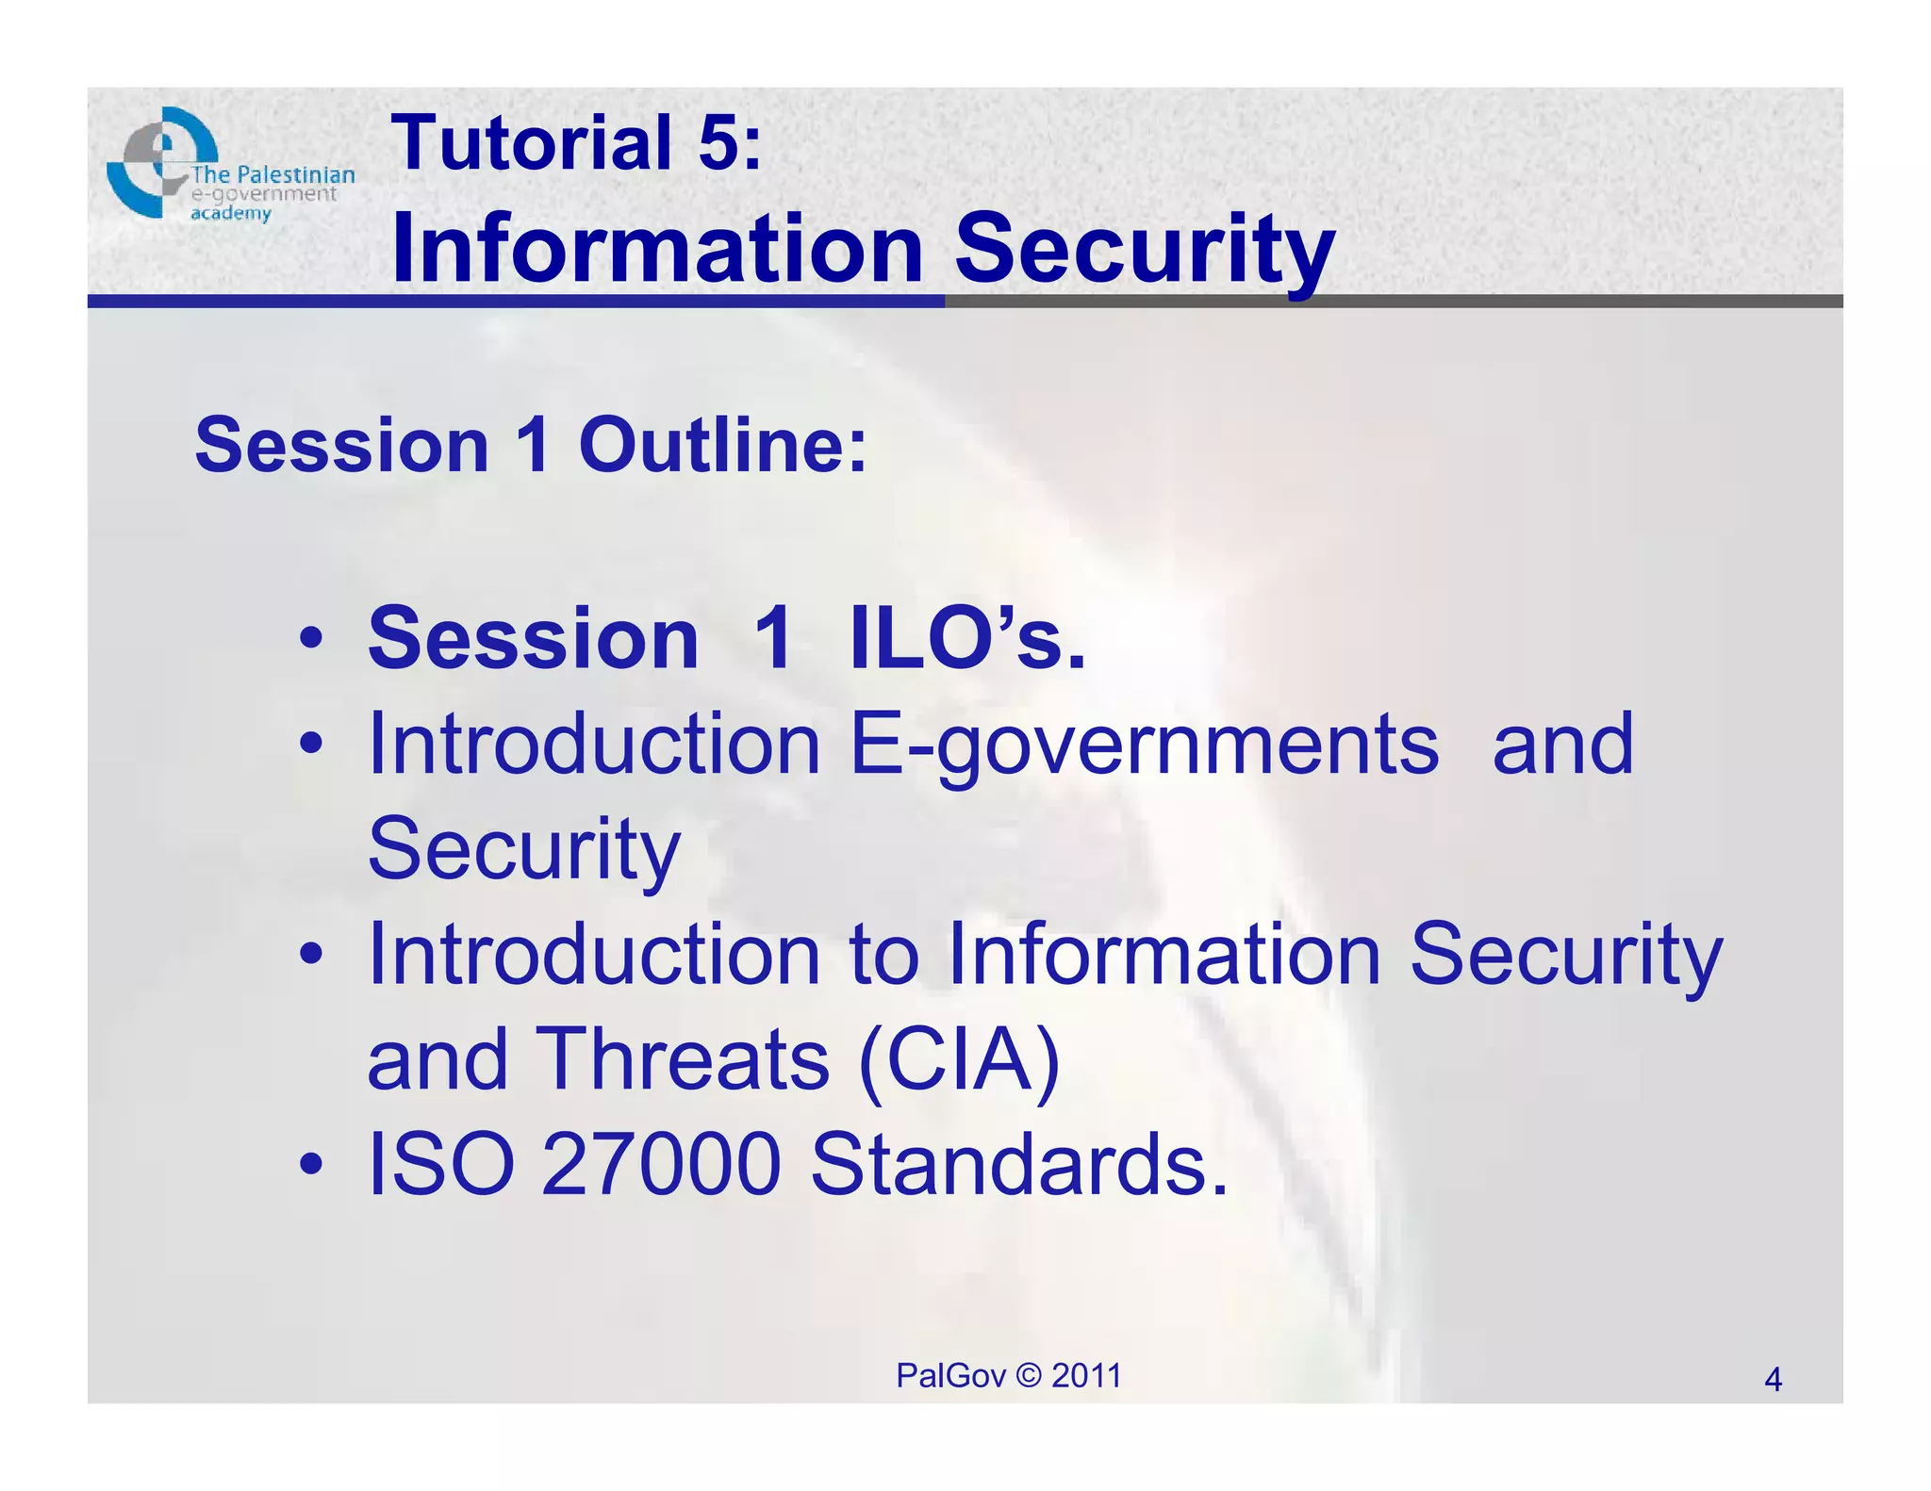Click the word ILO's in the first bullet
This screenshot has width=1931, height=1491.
(x=967, y=639)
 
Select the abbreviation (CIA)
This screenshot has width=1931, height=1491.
(x=960, y=1059)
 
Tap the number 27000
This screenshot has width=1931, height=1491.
(x=661, y=1164)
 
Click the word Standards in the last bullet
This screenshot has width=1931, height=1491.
(x=1018, y=1164)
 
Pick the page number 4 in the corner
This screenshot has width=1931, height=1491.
(x=1773, y=1380)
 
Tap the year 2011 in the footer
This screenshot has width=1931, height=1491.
(x=1086, y=1376)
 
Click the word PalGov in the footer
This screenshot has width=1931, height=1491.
(x=950, y=1376)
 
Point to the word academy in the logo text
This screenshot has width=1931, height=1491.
(x=231, y=214)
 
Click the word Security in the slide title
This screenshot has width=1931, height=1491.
(x=1145, y=248)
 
